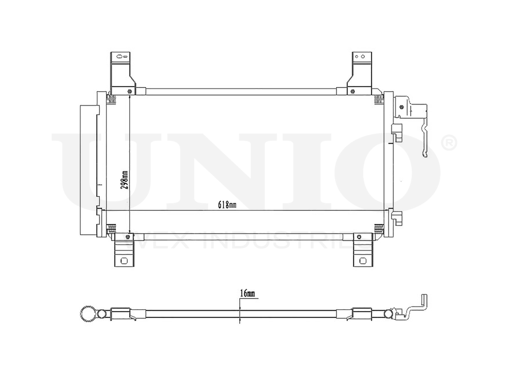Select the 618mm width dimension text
tap(228, 205)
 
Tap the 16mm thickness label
tap(247, 294)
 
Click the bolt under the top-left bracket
tap(130, 92)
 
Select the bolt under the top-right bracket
tap(352, 92)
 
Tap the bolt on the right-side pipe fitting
tap(402, 107)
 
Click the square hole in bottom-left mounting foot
tap(123, 260)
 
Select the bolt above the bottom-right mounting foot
tap(359, 237)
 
